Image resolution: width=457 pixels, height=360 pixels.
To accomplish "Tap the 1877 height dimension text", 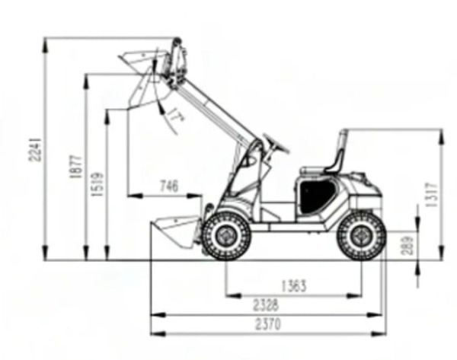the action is click(76, 167).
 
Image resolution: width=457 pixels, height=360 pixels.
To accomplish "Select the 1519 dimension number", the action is click(97, 184).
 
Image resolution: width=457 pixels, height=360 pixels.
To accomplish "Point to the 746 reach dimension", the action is click(169, 186).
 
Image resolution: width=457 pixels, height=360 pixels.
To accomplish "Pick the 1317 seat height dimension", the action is click(432, 194).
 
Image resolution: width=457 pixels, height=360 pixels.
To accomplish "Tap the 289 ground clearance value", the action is click(407, 245).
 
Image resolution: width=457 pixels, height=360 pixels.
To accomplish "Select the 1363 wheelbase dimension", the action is click(294, 285).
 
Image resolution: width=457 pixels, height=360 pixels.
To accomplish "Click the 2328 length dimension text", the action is click(266, 305).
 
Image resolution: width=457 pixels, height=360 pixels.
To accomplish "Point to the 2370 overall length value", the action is click(268, 324).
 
